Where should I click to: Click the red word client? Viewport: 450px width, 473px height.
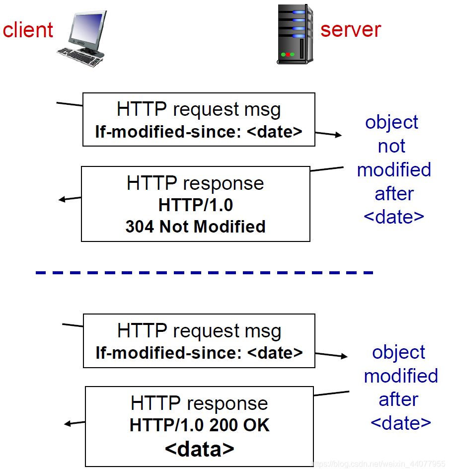point(28,30)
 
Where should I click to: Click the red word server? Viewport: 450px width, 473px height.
point(351,30)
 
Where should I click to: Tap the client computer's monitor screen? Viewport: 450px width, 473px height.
point(86,28)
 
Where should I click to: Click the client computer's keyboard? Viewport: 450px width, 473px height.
point(79,57)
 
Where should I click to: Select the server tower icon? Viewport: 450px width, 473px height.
point(295,34)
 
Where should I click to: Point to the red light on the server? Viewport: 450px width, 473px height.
point(288,55)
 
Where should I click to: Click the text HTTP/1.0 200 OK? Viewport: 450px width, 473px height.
point(199,425)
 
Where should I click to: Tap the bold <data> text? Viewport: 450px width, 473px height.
point(199,449)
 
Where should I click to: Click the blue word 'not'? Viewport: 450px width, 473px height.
point(391,146)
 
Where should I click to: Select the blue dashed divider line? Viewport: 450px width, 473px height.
point(204,273)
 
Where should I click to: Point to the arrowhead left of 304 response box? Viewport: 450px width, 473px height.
point(62,199)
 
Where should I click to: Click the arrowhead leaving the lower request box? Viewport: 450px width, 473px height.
point(344,356)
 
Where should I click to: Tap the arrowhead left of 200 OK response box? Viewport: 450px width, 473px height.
point(68,424)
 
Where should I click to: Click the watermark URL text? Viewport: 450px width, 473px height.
point(378,464)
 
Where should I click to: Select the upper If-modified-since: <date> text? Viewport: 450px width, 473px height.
point(199,132)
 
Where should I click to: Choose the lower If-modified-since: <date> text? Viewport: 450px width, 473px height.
point(199,353)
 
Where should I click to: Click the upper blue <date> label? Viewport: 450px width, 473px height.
point(394,217)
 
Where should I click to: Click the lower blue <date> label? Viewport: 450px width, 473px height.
point(401,423)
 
